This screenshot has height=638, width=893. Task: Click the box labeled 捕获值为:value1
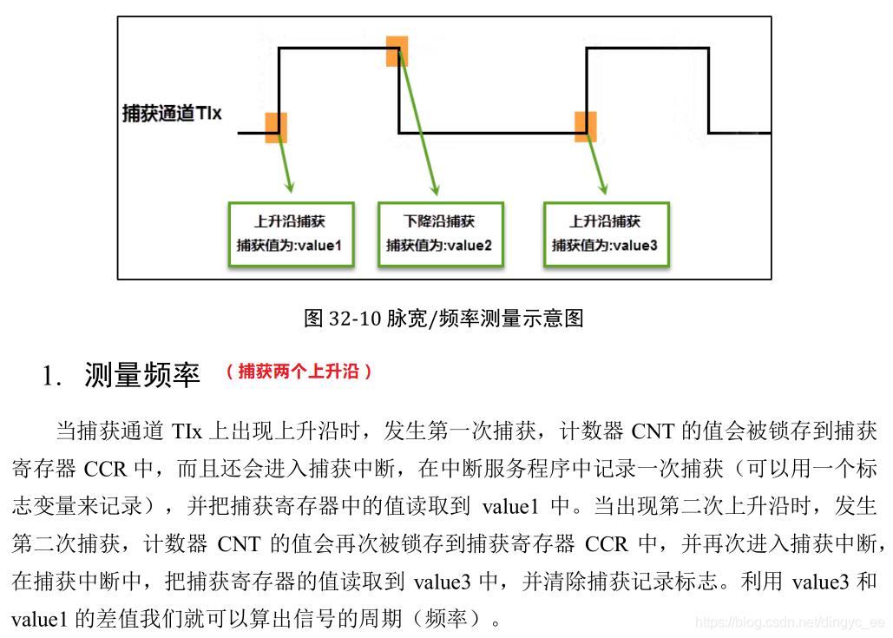point(291,234)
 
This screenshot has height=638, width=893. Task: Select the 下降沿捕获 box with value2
point(441,234)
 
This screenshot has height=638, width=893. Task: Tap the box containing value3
point(607,234)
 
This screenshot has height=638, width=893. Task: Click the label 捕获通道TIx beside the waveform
point(172,114)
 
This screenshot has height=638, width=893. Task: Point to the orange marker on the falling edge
point(397,51)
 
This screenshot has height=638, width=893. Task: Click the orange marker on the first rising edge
point(276,128)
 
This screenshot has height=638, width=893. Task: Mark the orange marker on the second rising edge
point(586,127)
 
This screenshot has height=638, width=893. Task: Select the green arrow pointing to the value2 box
point(418,122)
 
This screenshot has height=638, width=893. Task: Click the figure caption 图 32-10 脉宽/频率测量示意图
point(443,318)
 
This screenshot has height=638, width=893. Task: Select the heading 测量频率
point(142,375)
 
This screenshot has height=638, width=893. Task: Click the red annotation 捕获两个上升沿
point(299,372)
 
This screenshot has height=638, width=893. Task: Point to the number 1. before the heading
point(52,376)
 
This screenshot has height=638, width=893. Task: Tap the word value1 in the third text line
point(510,506)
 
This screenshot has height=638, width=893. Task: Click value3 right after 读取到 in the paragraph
point(442,582)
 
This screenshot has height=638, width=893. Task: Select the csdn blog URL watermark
point(790,622)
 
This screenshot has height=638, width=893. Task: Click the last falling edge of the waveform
point(708,90)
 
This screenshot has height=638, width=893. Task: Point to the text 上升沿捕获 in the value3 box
point(605,221)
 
